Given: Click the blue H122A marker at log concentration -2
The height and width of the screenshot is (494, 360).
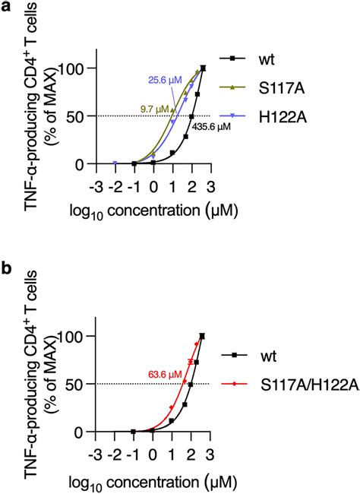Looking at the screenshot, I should pyautogui.click(x=114, y=163).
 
